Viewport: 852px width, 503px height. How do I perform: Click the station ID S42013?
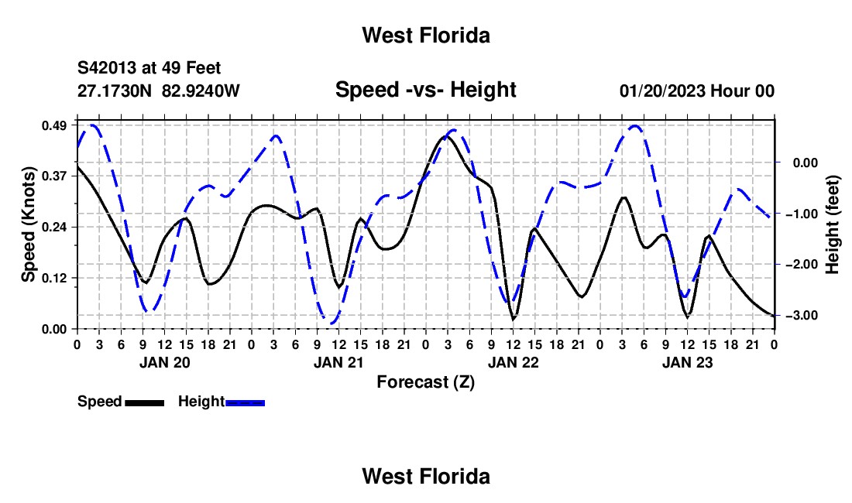(106, 68)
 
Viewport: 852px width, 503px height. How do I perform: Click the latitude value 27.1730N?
(114, 91)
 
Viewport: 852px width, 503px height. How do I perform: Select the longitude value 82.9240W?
(201, 91)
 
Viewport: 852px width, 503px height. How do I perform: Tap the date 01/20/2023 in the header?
(662, 91)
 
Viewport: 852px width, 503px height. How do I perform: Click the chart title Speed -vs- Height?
(425, 90)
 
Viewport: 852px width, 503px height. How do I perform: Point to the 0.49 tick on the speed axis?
(53, 125)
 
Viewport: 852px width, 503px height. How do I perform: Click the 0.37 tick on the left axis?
(53, 176)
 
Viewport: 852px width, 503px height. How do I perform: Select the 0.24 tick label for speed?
(53, 227)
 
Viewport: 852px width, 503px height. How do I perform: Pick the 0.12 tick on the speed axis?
(53, 279)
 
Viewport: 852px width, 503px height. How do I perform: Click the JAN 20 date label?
(165, 362)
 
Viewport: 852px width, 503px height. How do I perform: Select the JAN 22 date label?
(513, 362)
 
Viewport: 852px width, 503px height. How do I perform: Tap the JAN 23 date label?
(687, 362)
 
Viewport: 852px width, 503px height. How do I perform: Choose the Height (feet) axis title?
(832, 224)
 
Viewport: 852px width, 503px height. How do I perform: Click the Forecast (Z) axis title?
(425, 382)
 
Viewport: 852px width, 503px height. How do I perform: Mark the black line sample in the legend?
(144, 402)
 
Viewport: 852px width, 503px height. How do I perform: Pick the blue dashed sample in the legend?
(245, 402)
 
